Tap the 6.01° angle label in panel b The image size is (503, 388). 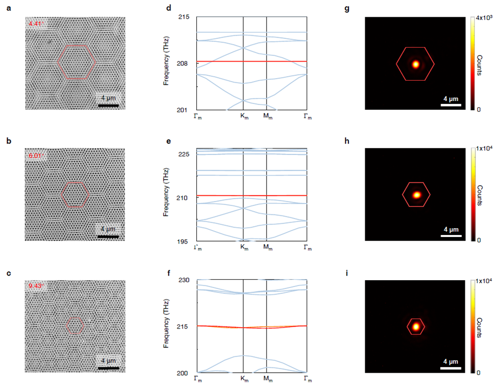[x=35, y=155]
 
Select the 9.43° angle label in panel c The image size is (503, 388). [x=35, y=287]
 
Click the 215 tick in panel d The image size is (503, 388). [x=184, y=17]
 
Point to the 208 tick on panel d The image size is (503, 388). [x=184, y=63]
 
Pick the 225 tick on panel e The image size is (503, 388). [x=184, y=154]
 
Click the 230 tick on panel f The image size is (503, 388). [x=184, y=280]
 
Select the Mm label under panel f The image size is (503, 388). [x=267, y=380]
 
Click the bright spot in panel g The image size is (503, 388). [x=416, y=64]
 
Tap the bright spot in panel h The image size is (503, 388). [x=417, y=195]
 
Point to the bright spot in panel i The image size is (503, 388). [x=416, y=326]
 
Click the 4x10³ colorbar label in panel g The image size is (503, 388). [x=488, y=18]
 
